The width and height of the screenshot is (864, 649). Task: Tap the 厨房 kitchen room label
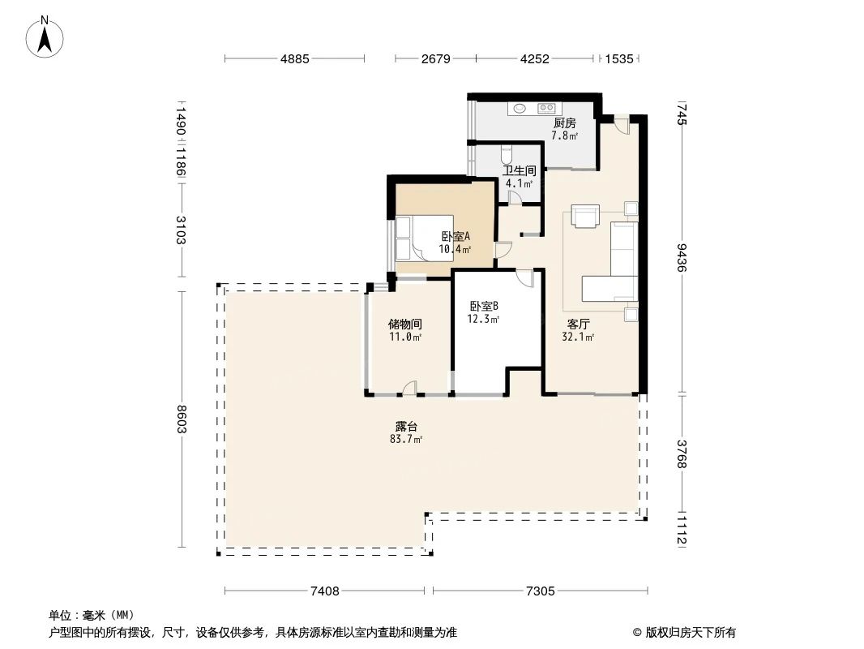tap(564, 123)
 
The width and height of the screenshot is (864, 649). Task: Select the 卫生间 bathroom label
tap(519, 171)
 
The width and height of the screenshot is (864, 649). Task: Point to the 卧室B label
tap(484, 307)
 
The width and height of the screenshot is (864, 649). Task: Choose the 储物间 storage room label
tap(404, 324)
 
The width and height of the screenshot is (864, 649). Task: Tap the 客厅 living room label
tap(578, 324)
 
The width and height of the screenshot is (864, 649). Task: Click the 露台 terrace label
tap(406, 426)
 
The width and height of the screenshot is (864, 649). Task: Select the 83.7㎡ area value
tap(406, 439)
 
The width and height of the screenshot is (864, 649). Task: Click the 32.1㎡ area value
tap(578, 337)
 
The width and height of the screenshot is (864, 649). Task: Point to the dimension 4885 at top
tap(295, 59)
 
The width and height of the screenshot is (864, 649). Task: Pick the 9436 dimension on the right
tap(682, 258)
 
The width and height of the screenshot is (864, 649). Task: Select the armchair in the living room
tap(584, 216)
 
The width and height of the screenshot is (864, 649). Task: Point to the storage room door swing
tap(410, 389)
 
